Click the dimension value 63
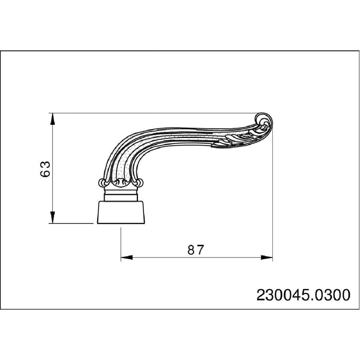(45, 169)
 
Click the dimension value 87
(196, 250)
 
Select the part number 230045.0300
(303, 295)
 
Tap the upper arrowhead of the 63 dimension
(52, 119)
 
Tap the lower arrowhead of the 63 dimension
(52, 217)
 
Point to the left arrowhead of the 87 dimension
(127, 258)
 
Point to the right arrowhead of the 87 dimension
(267, 258)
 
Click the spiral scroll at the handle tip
(264, 121)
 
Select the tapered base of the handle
(121, 212)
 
